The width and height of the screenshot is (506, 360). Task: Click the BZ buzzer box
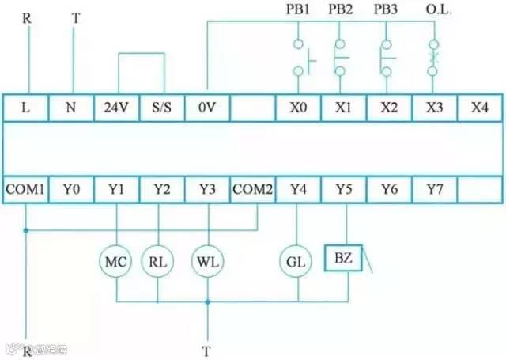342,259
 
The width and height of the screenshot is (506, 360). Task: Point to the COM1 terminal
26,189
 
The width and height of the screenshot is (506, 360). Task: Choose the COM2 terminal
252,189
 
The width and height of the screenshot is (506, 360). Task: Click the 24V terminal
116,108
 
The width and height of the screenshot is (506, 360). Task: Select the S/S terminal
162,108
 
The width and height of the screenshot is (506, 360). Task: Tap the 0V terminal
207,108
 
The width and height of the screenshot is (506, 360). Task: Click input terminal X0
297,108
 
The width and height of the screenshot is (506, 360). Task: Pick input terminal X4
479,108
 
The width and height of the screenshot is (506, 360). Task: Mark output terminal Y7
433,189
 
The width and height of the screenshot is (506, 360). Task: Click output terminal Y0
72,189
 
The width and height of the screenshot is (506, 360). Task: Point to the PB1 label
297,12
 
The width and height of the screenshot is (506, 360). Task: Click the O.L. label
435,12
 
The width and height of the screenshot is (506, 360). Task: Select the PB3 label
387,12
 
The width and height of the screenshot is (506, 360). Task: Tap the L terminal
26,108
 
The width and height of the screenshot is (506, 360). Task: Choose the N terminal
72,108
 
